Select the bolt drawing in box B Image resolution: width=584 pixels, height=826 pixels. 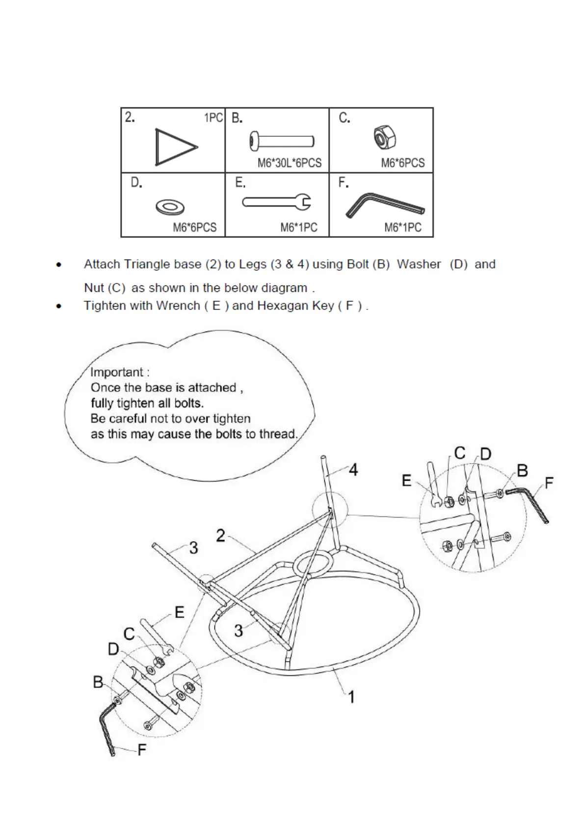click(282, 142)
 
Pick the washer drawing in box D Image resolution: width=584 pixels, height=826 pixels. click(170, 207)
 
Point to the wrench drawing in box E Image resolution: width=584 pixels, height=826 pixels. click(277, 202)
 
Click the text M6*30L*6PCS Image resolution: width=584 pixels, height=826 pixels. click(290, 163)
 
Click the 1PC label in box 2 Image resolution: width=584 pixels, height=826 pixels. click(213, 118)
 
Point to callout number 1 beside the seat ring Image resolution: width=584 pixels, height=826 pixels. click(351, 697)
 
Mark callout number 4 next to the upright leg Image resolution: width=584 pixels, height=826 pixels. click(353, 470)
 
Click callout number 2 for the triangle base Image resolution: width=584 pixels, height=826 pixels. click(221, 536)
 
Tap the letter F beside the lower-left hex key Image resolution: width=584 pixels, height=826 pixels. click(142, 750)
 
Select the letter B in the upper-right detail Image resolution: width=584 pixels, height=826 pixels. click(522, 471)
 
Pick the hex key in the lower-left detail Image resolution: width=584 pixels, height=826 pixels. click(107, 728)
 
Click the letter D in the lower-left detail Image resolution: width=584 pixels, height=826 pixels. click(113, 649)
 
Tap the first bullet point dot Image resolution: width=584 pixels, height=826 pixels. click(59, 265)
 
